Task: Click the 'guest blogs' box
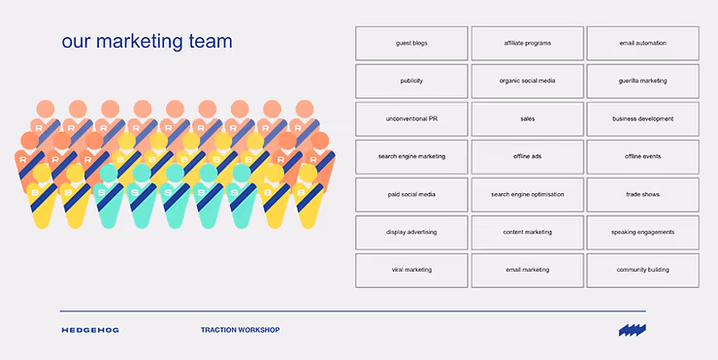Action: [x=411, y=43]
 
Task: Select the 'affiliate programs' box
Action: [x=528, y=43]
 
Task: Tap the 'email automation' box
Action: [x=643, y=43]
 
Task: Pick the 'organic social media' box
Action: [x=528, y=82]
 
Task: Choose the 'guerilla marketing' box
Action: [x=643, y=82]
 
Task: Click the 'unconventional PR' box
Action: [x=411, y=119]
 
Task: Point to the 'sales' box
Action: [x=528, y=119]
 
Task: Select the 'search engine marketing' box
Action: [x=411, y=156]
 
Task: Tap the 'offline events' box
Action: [x=643, y=156]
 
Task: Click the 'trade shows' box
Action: [x=643, y=195]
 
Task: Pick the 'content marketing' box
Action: [x=528, y=232]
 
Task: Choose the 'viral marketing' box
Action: [x=411, y=270]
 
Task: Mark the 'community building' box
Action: [x=643, y=270]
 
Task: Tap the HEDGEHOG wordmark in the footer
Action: [x=90, y=330]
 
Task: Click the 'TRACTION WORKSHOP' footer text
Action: [x=240, y=330]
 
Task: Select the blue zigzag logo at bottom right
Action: [x=632, y=330]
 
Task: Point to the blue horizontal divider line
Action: [x=352, y=311]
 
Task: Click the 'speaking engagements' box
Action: [x=643, y=232]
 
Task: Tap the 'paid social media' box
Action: [x=411, y=195]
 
